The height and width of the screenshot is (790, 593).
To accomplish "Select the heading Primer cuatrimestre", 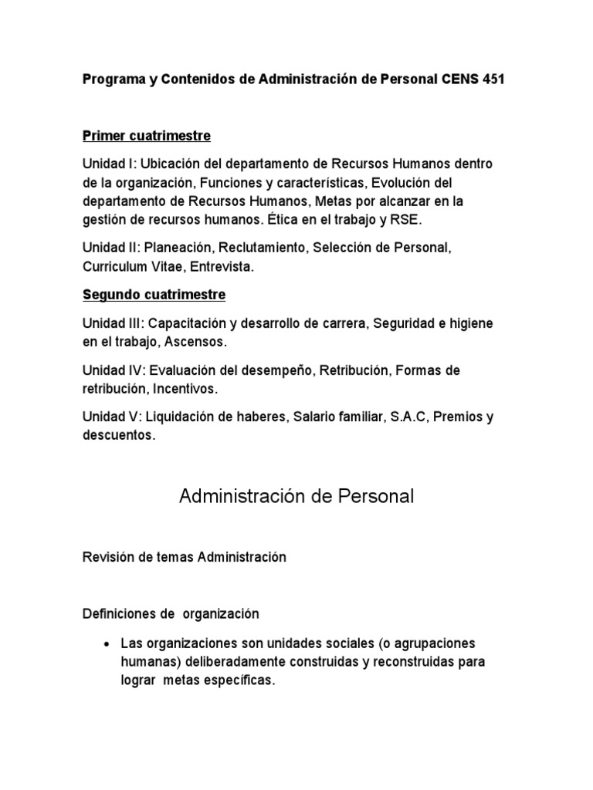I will click(147, 137).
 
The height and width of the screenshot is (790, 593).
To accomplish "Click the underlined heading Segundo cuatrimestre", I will click(154, 295).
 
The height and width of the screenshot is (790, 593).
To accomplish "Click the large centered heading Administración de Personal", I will click(296, 496).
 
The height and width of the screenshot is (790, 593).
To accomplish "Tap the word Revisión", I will click(106, 557).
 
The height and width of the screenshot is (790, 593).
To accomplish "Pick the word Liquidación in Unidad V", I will click(182, 417).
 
